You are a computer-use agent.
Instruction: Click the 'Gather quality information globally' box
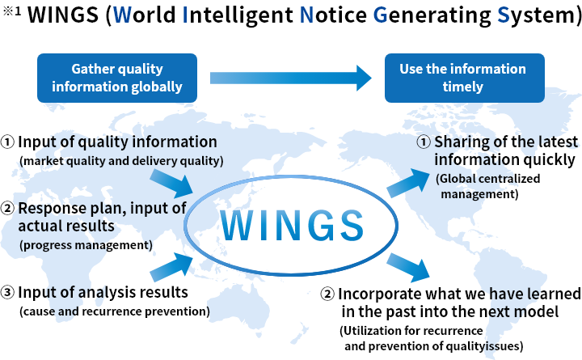click(117, 78)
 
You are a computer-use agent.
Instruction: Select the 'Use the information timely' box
click(464, 78)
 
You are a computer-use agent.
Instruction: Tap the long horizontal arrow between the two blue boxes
click(291, 78)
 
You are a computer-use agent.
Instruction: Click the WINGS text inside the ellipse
click(291, 226)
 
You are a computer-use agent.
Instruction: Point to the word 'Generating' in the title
click(432, 15)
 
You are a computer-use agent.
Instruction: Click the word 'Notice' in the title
click(333, 15)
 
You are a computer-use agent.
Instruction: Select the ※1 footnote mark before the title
click(12, 11)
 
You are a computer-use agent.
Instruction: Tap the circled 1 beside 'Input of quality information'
click(7, 142)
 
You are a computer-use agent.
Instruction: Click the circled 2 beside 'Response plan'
click(7, 208)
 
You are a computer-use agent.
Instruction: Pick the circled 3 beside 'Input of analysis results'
click(7, 292)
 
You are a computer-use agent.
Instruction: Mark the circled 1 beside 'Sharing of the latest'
click(424, 142)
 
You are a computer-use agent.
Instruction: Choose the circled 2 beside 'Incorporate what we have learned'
click(327, 294)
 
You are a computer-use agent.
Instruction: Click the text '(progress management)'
click(86, 245)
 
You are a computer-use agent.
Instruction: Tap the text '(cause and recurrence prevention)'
click(114, 311)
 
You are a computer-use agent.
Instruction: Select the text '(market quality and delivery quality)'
click(121, 161)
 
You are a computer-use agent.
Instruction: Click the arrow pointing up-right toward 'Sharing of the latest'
click(408, 183)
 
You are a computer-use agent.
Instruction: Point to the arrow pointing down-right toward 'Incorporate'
click(408, 268)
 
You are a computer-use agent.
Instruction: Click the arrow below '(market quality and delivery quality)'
click(171, 184)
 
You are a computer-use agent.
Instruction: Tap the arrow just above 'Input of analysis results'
click(171, 267)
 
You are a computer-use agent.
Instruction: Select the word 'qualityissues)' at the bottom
click(484, 346)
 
